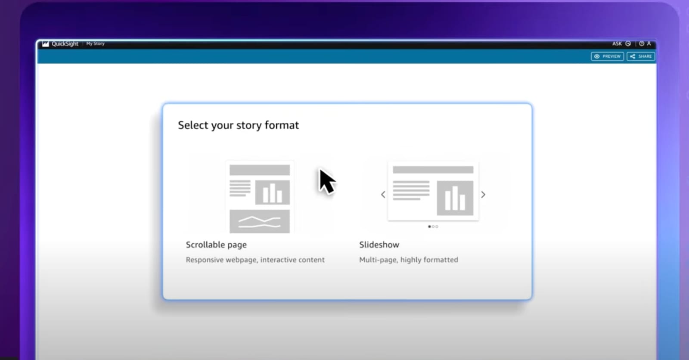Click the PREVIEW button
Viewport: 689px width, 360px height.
(x=607, y=56)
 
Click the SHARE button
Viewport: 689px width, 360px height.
(x=641, y=56)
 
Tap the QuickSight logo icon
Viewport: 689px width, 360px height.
(x=46, y=43)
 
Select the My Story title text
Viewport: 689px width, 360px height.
(x=95, y=43)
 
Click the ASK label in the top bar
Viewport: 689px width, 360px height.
(x=617, y=43)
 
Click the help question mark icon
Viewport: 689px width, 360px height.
(x=641, y=43)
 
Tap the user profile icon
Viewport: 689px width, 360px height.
(x=649, y=43)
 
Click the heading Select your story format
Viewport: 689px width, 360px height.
(x=239, y=125)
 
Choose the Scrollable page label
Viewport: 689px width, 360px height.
(x=216, y=245)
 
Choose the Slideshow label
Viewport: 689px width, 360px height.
(x=379, y=245)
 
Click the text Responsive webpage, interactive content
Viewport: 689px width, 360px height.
(x=255, y=260)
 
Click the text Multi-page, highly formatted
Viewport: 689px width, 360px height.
(x=409, y=260)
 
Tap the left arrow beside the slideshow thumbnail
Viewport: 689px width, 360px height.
(x=383, y=195)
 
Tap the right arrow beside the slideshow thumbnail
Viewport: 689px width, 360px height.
(x=483, y=195)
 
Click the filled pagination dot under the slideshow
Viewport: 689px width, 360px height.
(x=429, y=227)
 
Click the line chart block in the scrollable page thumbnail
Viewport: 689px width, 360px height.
(x=260, y=221)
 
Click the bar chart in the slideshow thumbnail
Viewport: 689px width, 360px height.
(x=455, y=198)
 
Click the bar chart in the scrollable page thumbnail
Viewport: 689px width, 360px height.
(x=273, y=192)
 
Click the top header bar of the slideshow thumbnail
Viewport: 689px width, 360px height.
(x=433, y=170)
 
